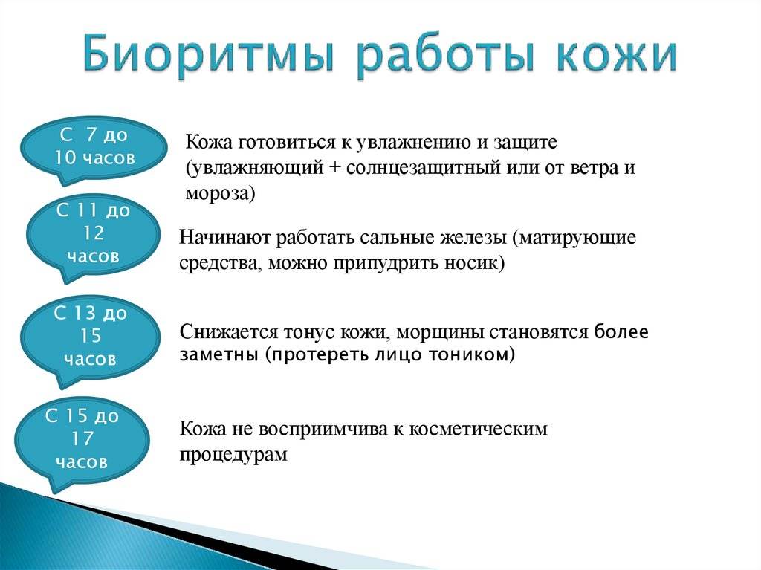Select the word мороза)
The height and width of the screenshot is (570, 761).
pos(220,193)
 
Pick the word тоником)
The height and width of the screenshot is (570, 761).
pos(471,354)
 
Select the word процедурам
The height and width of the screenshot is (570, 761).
pos(233,455)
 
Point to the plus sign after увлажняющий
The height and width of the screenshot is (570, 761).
pos(334,168)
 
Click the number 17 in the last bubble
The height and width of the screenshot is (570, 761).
pos(82,438)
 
